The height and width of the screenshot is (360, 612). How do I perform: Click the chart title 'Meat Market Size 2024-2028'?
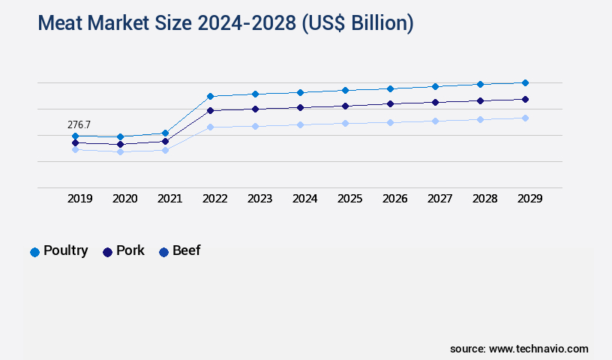coord(225,23)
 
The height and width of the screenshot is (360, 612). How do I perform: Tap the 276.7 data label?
coord(79,124)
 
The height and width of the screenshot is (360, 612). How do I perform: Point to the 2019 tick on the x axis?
coord(80,199)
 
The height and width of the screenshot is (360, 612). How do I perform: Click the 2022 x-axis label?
coord(215,199)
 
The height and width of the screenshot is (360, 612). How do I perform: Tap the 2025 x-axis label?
coord(350,199)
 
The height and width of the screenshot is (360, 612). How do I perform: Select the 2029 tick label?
coord(530,199)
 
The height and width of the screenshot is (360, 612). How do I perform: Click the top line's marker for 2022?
coord(210,96)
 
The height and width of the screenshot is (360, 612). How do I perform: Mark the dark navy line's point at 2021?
coord(165,141)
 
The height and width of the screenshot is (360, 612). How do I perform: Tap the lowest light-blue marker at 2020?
coord(120,151)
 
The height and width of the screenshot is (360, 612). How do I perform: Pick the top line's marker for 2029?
coord(525,82)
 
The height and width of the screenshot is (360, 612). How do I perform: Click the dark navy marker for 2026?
coord(390,103)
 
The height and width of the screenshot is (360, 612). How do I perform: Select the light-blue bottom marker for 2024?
coord(300,124)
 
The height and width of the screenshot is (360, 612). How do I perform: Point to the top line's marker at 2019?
coord(75,136)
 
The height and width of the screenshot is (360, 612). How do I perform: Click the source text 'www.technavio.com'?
coord(538,349)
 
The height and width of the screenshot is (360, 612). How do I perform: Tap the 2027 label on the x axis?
coord(440,199)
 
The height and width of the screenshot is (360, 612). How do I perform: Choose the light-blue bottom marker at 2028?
coord(480,119)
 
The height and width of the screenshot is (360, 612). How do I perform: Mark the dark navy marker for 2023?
coord(255,109)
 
